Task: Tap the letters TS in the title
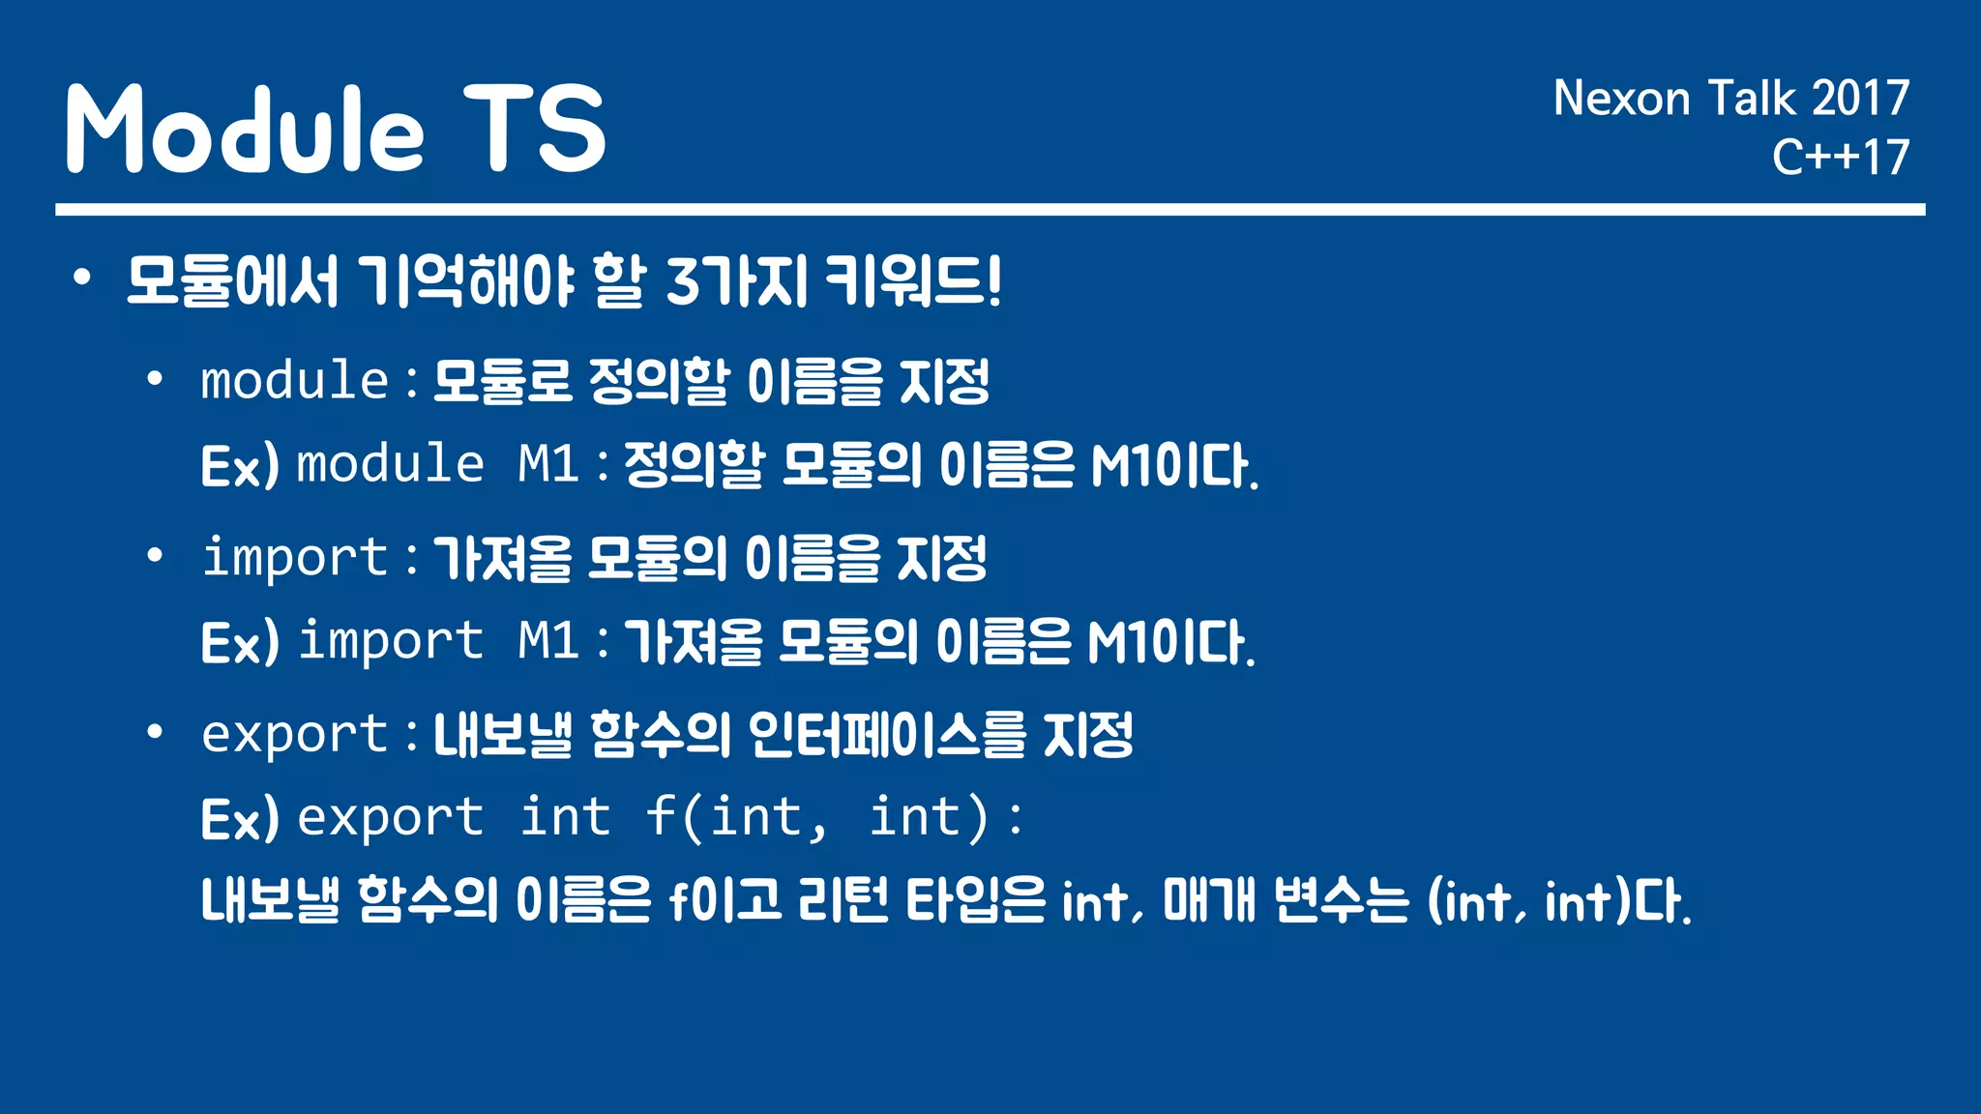pos(534,129)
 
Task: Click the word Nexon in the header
pos(1621,99)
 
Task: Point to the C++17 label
pos(1840,158)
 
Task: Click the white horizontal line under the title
pos(990,209)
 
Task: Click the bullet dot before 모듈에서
pos(82,278)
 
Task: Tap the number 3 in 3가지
pos(682,282)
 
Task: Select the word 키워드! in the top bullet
pos(913,282)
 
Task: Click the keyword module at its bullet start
pos(294,380)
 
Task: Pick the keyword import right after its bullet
pos(294,558)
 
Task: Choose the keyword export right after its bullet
pos(294,735)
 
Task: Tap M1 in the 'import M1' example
pos(547,640)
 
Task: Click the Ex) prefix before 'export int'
pos(240,819)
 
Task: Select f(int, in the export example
pos(736,817)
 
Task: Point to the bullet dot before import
pos(155,556)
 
